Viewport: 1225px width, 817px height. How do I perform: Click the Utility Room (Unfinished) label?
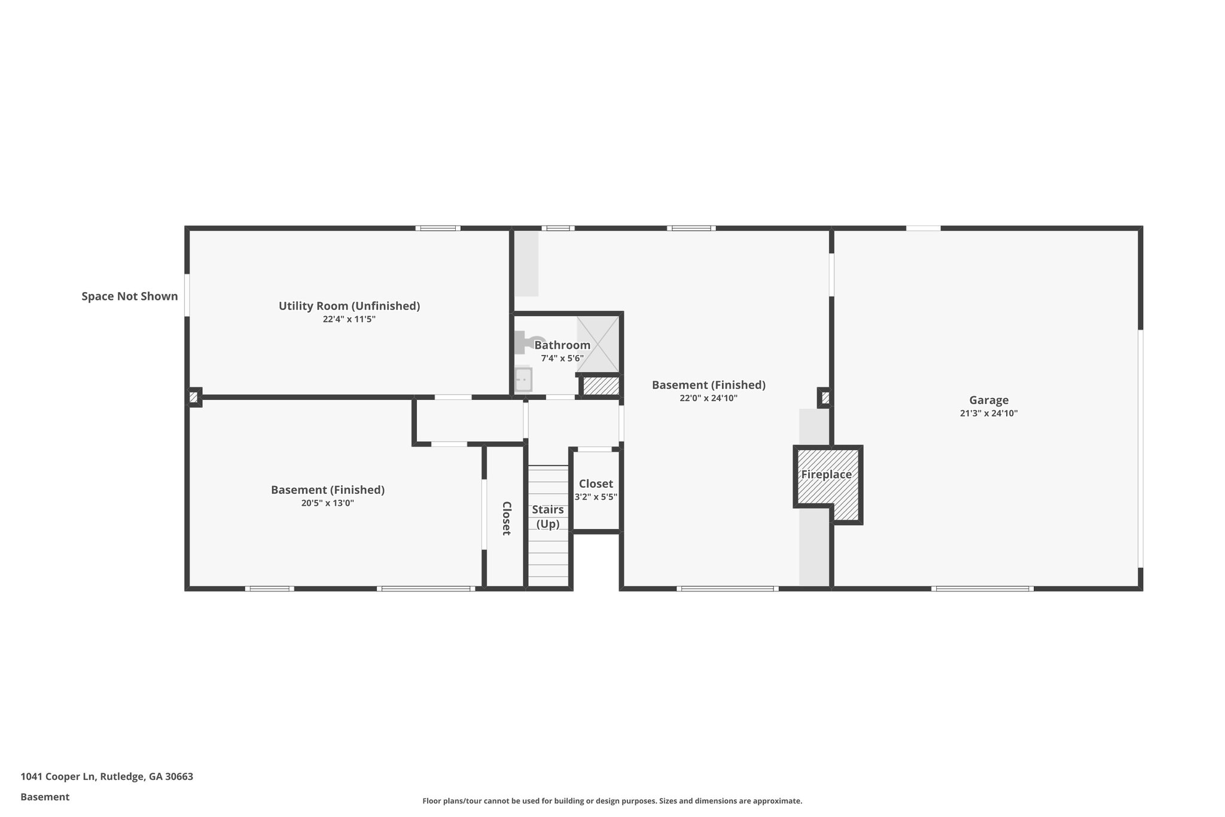(349, 306)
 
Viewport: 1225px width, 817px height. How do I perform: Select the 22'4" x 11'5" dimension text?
(349, 320)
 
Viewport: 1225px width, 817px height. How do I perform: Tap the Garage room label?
(989, 400)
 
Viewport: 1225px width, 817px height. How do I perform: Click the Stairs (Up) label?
(548, 517)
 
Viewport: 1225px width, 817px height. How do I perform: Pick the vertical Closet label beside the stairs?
(506, 518)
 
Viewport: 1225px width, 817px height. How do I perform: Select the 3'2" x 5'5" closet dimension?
(596, 497)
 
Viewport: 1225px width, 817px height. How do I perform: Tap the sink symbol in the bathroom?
(523, 379)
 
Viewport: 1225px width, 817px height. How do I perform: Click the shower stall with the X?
(598, 344)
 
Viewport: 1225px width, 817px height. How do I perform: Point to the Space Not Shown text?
(130, 296)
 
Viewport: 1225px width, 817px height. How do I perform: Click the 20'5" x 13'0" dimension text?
(328, 503)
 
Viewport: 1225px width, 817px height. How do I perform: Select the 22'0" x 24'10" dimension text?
(708, 398)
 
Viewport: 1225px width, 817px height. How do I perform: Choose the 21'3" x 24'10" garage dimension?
(989, 414)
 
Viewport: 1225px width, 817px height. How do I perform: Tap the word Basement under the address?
(45, 797)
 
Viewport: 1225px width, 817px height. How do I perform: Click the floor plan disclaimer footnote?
(612, 801)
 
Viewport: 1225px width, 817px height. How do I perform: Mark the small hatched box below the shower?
(601, 385)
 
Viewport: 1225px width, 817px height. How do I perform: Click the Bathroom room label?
(562, 345)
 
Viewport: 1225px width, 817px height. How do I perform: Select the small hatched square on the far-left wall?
(193, 397)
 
